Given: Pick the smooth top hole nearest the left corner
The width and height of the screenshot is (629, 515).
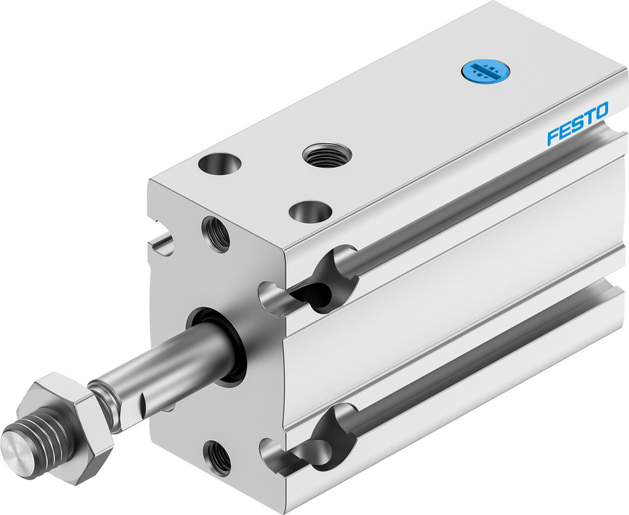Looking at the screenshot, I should (x=220, y=165).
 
